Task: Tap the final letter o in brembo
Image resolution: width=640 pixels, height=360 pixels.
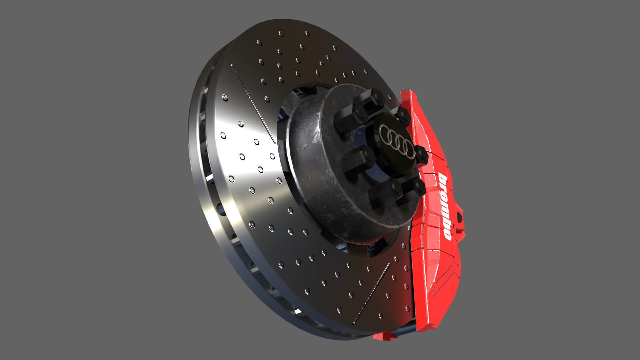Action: pos(447,235)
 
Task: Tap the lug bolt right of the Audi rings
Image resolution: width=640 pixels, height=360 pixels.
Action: pos(422,155)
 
